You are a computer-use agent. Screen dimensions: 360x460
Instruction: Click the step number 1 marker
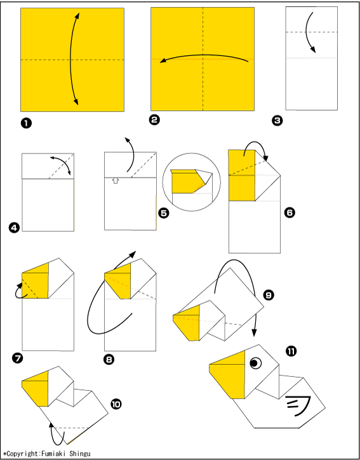coord(26,124)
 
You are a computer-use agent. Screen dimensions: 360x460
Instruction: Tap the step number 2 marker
coord(154,119)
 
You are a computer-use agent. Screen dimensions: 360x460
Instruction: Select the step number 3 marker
coord(277,121)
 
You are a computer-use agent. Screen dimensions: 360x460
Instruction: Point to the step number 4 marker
coord(14,228)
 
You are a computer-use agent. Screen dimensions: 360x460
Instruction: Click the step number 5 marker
coord(164,213)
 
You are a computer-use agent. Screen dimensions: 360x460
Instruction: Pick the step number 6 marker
coord(290,213)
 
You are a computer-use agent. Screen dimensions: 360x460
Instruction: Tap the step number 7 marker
coord(17,358)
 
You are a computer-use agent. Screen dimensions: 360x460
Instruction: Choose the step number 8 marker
coord(109,359)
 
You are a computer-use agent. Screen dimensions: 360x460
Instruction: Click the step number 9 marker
coord(269,296)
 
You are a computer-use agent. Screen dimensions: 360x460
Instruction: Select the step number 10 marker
coord(116,405)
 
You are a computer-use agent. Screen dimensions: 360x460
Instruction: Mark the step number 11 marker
coord(291,351)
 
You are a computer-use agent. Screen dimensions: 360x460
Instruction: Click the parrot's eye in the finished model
coord(255,363)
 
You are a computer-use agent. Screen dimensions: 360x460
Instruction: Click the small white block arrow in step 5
coord(116,180)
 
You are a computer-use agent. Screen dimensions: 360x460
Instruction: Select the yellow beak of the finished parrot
coord(227,374)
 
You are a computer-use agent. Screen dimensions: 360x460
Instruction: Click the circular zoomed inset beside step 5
coord(192,182)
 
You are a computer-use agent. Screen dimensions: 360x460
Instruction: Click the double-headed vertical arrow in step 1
coord(70,58)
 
